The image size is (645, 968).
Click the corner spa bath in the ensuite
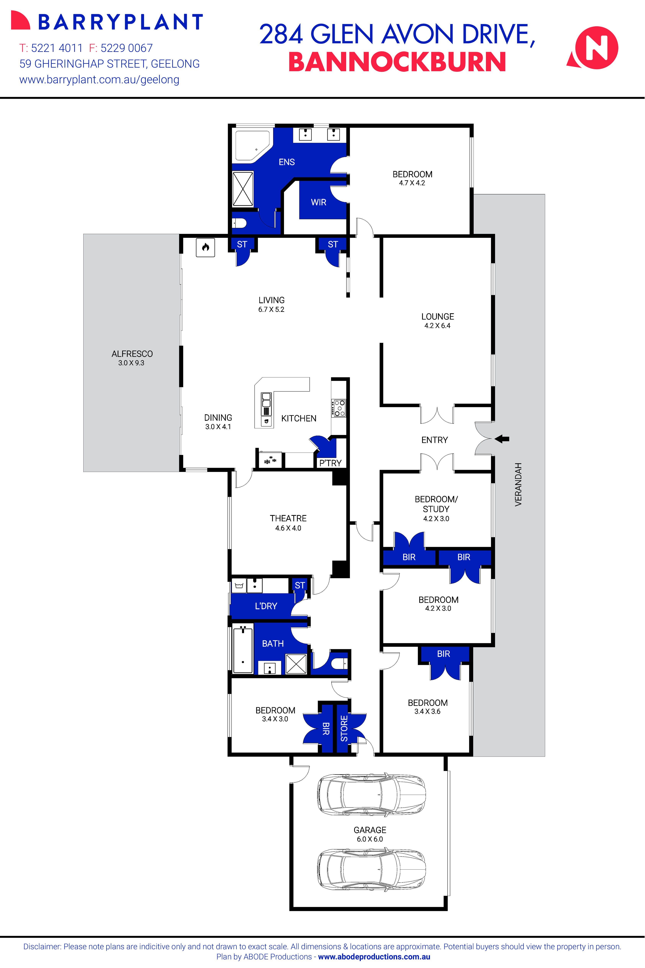point(252,145)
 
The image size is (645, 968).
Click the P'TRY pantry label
point(330,463)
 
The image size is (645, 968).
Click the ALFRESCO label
point(132,354)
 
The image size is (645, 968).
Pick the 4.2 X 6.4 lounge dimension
point(437,326)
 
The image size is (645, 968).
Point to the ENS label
point(287,162)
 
